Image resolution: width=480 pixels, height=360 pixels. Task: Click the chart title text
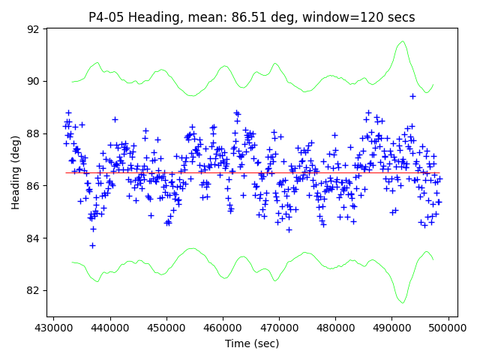click(251, 16)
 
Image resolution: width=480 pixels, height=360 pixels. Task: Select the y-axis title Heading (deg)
click(16, 172)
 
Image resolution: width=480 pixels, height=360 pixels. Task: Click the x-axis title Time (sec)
click(252, 343)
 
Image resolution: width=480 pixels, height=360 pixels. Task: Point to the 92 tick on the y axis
click(33, 29)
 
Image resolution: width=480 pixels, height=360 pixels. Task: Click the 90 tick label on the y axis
click(33, 81)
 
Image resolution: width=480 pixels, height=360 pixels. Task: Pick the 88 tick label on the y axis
click(33, 133)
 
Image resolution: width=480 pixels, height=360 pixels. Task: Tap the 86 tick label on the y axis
click(33, 186)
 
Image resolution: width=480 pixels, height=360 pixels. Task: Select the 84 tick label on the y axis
click(33, 238)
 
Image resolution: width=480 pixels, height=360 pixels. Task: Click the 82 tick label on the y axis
click(33, 291)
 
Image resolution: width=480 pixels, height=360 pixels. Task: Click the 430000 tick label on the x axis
click(53, 328)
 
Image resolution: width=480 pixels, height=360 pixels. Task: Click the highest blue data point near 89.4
click(412, 96)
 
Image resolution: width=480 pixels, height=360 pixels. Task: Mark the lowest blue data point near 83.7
click(92, 245)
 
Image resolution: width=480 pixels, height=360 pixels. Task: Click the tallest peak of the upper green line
click(403, 41)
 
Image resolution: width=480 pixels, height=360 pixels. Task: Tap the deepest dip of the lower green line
click(403, 303)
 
